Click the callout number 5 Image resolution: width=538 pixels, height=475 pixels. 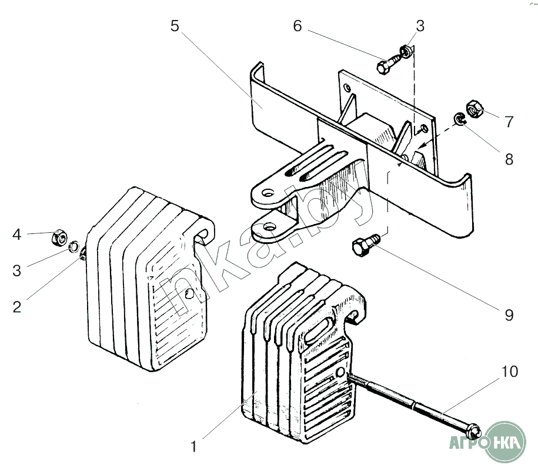175,26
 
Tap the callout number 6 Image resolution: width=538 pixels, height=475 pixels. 298,26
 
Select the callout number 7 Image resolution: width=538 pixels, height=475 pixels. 509,122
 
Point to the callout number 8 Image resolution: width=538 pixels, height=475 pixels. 509,159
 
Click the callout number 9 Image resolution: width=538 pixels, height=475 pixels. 509,315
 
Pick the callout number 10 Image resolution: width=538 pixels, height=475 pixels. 510,372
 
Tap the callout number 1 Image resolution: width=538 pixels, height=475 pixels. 194,446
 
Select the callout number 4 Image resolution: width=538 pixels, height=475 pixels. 17,235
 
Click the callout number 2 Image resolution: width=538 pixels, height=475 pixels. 17,307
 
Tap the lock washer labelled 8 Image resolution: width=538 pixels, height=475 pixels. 459,119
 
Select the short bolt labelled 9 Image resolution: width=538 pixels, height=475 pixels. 365,244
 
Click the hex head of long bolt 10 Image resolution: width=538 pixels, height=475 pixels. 474,431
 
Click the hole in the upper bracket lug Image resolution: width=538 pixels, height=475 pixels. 268,193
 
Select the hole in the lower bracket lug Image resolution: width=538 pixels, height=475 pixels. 270,227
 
